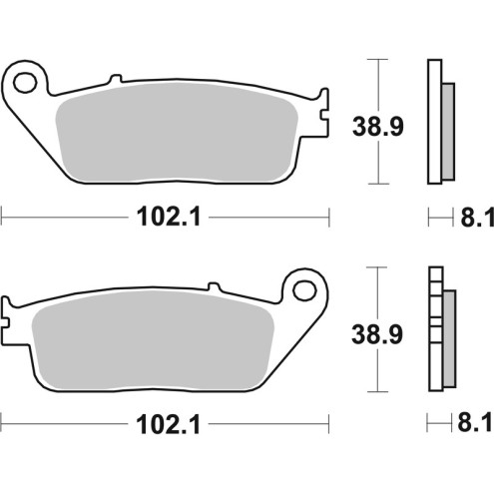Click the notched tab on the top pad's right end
pos(322,111)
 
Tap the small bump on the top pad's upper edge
pos(115,76)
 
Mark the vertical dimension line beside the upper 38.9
pos(376,123)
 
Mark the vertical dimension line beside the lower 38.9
pos(376,332)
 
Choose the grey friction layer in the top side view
pos(446,128)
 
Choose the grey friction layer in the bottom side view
pos(446,337)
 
